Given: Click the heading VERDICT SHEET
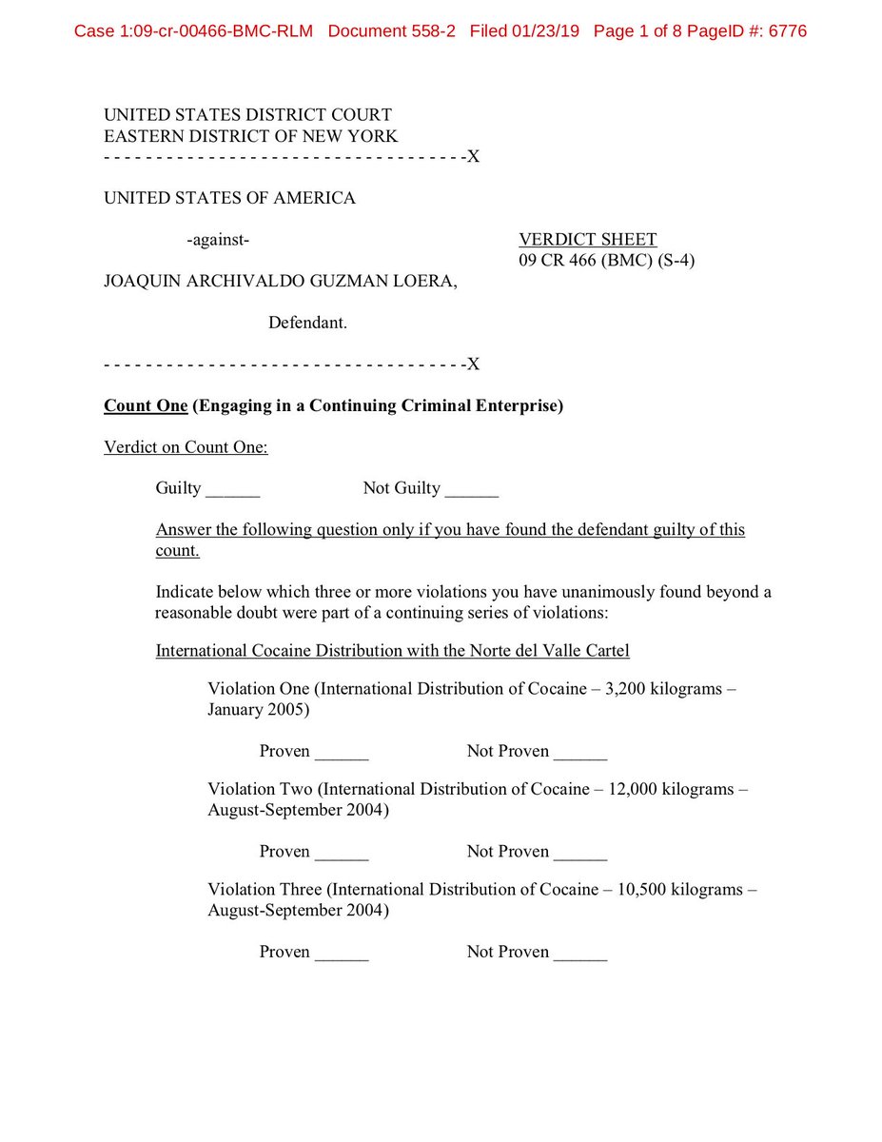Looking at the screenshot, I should tap(587, 240).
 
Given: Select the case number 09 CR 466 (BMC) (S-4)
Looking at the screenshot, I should tap(606, 259).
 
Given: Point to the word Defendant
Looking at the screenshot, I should tap(307, 323).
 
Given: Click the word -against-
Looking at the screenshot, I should tap(218, 240).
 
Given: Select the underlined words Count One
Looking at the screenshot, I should tap(146, 406).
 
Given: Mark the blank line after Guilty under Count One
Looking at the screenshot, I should tap(232, 491).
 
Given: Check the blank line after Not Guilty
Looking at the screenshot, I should tap(471, 491).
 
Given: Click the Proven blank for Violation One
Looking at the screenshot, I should tap(342, 754).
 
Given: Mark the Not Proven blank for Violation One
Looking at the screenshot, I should tap(580, 754).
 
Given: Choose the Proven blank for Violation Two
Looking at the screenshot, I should tap(342, 854).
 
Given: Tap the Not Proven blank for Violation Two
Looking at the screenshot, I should tap(580, 854).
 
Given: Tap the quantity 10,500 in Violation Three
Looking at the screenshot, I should tap(636, 890).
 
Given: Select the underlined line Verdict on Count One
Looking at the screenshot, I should tap(186, 447).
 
